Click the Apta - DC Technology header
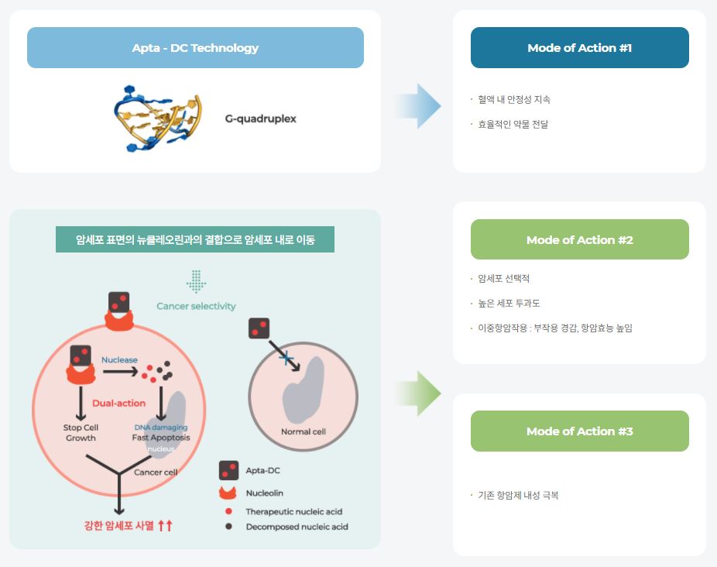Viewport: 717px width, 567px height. click(x=195, y=48)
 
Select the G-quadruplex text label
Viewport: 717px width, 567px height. click(x=260, y=119)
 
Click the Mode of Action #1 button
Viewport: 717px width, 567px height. click(x=579, y=48)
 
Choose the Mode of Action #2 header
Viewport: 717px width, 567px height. click(x=579, y=239)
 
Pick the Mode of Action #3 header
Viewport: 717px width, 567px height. click(x=579, y=431)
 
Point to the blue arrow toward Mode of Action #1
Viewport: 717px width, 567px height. click(x=419, y=105)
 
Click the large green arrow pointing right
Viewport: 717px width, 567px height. click(x=419, y=393)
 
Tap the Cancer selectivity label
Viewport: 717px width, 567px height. click(x=196, y=306)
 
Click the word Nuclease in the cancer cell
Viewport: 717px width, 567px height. click(x=119, y=360)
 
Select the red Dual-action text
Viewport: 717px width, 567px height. click(x=118, y=403)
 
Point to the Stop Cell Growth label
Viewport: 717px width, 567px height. click(x=81, y=432)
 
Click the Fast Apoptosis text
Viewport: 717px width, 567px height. click(x=161, y=438)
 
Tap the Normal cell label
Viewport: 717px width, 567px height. click(x=303, y=431)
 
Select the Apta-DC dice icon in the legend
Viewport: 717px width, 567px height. click(x=228, y=469)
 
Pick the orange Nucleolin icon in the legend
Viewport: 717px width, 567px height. click(x=228, y=493)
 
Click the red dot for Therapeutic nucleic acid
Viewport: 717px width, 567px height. click(x=228, y=511)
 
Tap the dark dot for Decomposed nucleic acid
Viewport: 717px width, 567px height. click(x=228, y=527)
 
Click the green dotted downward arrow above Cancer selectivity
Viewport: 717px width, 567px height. click(x=196, y=281)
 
